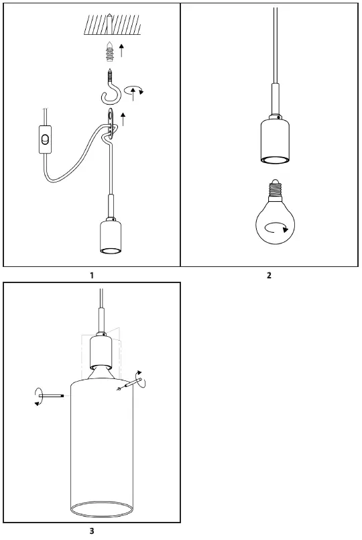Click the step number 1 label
(x=91, y=274)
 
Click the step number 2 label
(x=269, y=274)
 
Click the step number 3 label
(x=91, y=531)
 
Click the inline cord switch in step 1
(x=45, y=140)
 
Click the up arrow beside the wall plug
(x=121, y=50)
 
